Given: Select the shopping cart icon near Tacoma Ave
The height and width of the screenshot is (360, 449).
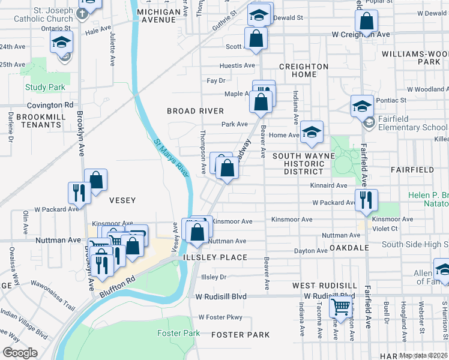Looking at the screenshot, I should [341, 307].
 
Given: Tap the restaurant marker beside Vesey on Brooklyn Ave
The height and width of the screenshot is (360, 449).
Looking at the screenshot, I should [79, 192].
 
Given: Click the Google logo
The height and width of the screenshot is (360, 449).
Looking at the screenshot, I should [20, 353].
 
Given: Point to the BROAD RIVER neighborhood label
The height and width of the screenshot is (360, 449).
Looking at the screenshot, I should [195, 111].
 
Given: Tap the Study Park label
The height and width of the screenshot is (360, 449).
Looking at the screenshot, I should [45, 88].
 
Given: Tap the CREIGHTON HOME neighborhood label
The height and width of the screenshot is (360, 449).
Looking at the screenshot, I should [303, 70].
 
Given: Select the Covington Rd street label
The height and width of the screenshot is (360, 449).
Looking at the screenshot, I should [45, 104].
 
